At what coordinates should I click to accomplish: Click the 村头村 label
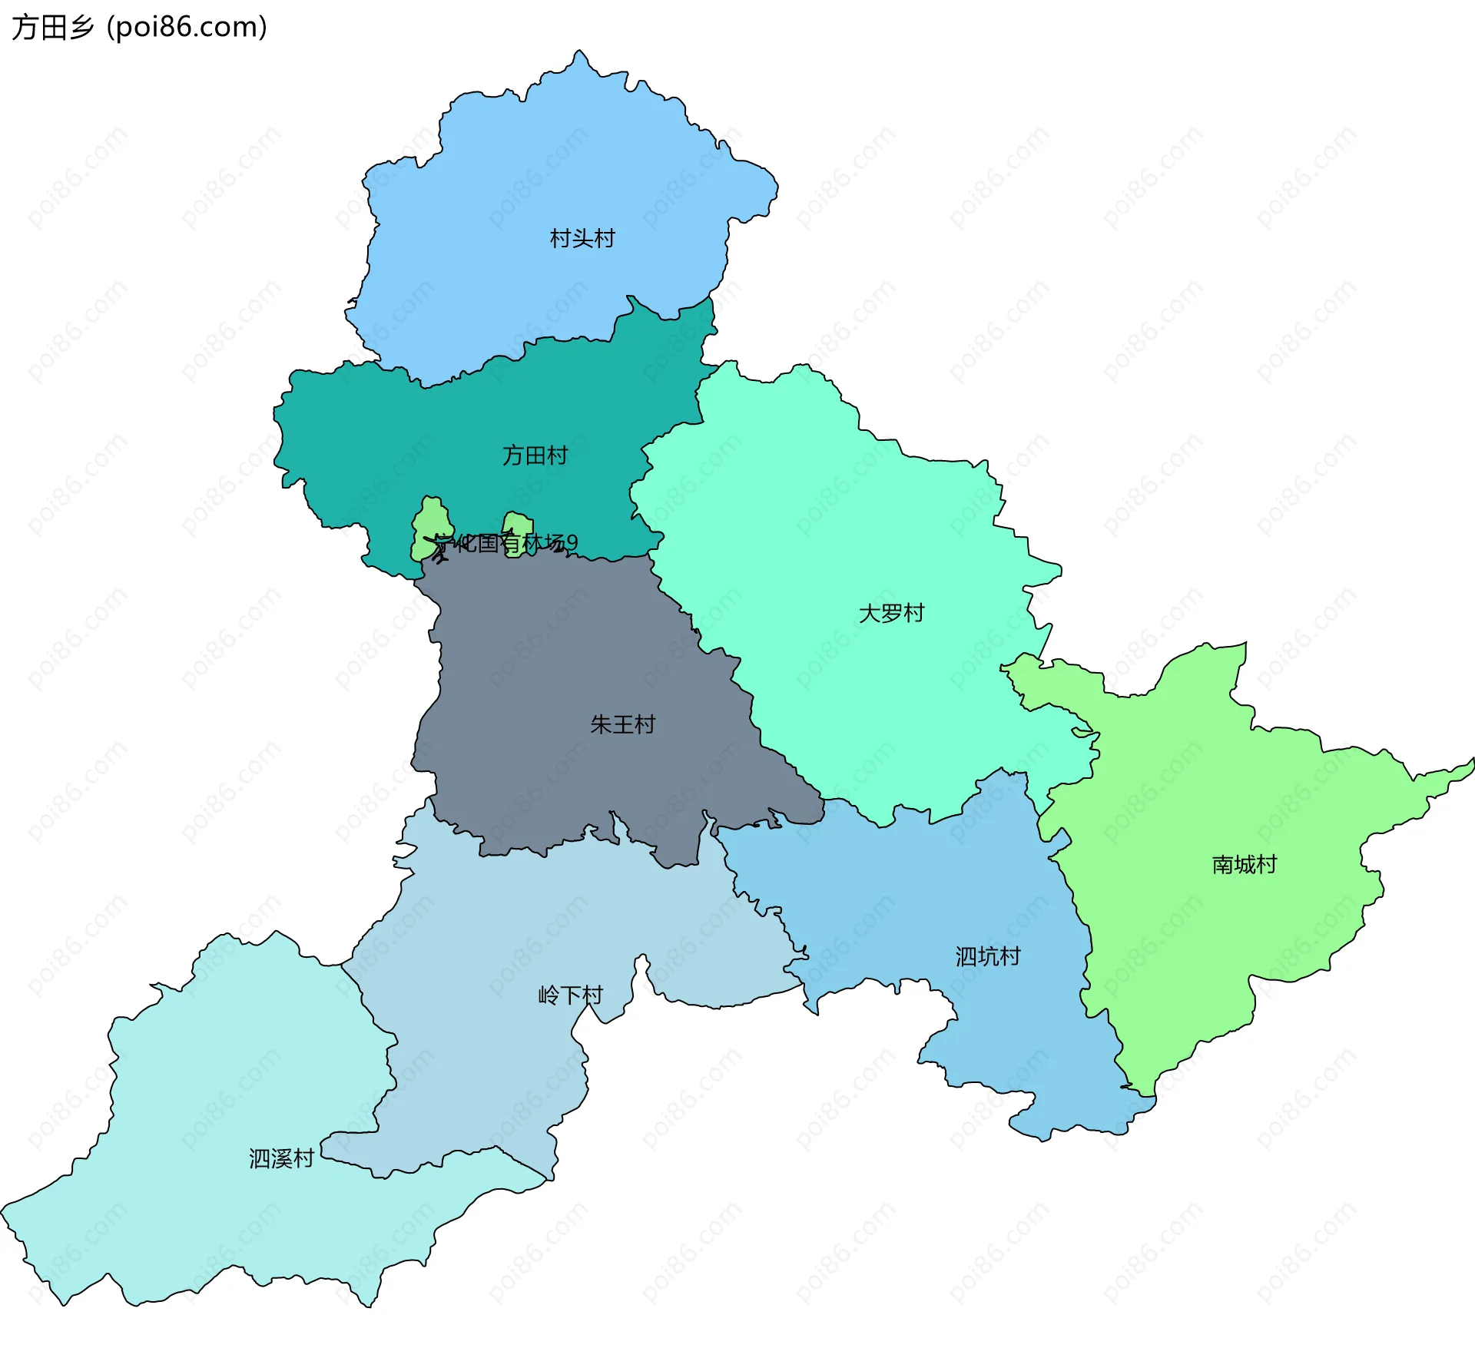tap(582, 239)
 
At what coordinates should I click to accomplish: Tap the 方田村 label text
tap(535, 455)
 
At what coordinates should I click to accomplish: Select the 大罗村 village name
tap(891, 613)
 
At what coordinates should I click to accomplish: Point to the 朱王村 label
tap(622, 724)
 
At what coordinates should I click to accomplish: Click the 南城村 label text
tap(1244, 865)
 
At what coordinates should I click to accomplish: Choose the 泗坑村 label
tap(988, 956)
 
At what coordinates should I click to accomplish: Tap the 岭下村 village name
tap(570, 995)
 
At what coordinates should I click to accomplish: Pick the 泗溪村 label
tap(281, 1158)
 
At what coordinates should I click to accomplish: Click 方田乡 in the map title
tap(52, 28)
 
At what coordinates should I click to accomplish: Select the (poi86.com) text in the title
tap(187, 28)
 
